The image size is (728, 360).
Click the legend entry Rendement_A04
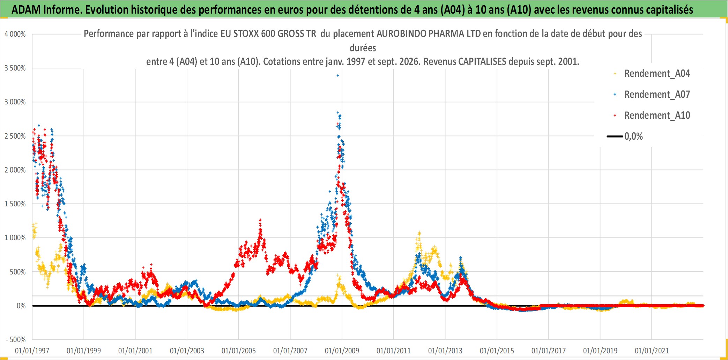pyautogui.click(x=657, y=74)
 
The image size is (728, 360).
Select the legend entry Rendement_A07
pyautogui.click(x=657, y=95)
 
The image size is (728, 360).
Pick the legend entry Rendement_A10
pyautogui.click(x=657, y=116)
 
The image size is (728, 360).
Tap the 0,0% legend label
pyautogui.click(x=633, y=137)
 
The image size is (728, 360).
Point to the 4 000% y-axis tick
pyautogui.click(x=15, y=34)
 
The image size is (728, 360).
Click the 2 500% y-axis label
pyautogui.click(x=15, y=136)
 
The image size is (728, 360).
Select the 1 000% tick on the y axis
pyautogui.click(x=15, y=238)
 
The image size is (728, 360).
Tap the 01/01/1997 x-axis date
pyautogui.click(x=32, y=351)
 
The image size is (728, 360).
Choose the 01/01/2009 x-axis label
pyautogui.click(x=342, y=351)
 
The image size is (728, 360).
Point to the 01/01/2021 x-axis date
pyautogui.click(x=652, y=351)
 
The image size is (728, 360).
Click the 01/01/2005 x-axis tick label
pyautogui.click(x=239, y=351)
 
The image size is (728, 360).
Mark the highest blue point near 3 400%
pyautogui.click(x=337, y=75)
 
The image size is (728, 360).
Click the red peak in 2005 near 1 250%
pyautogui.click(x=260, y=220)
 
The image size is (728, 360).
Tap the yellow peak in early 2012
pyautogui.click(x=419, y=233)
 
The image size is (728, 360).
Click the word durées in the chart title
pyautogui.click(x=363, y=48)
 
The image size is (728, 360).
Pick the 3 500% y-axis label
pyautogui.click(x=15, y=68)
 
